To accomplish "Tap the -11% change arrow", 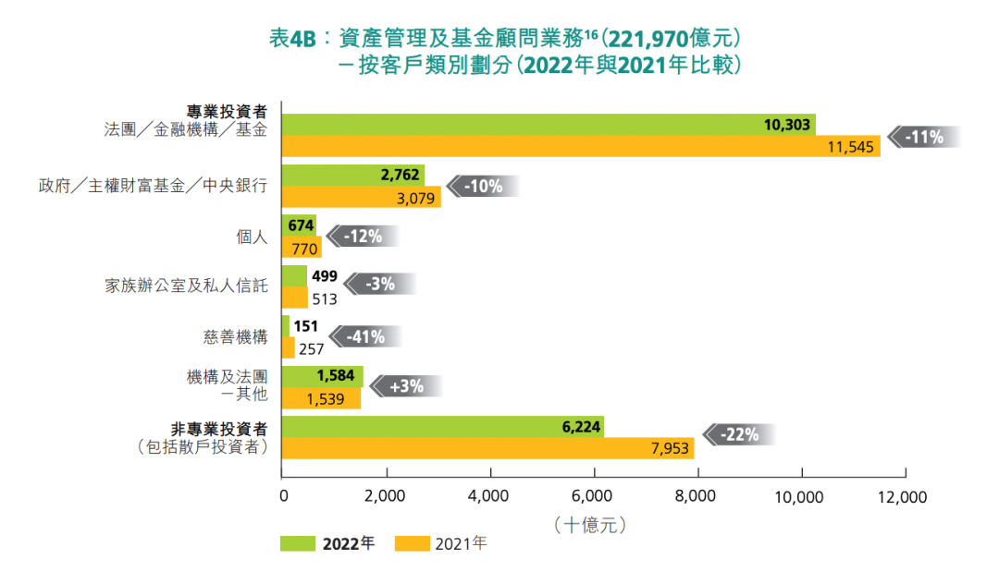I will coord(924,137).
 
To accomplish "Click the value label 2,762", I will coord(401,174).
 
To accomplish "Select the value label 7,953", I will coord(671,449).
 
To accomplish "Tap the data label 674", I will coord(302,224).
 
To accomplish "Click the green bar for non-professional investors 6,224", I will coord(442,428).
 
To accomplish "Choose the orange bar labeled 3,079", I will coord(361,196).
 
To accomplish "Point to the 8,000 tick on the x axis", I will coord(696,496).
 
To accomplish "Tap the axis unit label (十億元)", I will coord(591,525).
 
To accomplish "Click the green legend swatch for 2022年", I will coord(298,543).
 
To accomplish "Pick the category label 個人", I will coord(253,237).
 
